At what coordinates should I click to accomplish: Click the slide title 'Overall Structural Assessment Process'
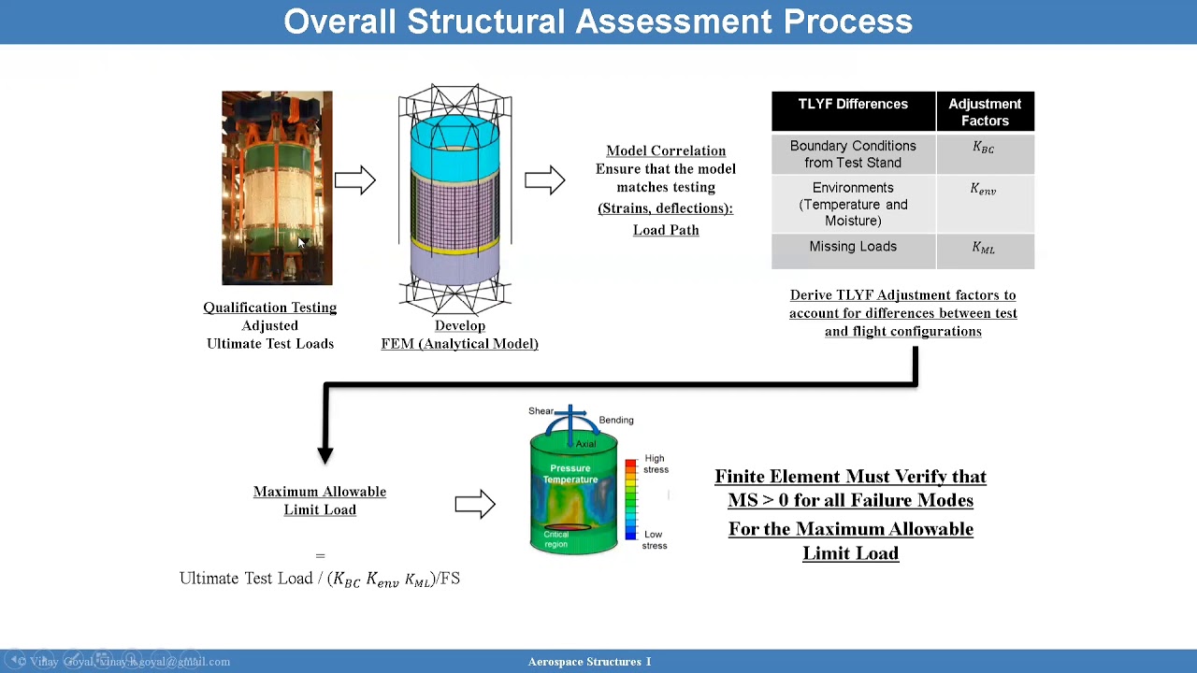tap(598, 21)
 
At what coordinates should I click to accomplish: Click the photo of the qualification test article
tap(277, 187)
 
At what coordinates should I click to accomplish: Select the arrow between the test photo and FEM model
tap(354, 180)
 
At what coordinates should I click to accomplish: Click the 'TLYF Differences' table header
tap(853, 105)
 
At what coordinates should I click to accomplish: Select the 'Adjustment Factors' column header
tap(985, 111)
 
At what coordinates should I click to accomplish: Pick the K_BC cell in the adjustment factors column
tap(984, 148)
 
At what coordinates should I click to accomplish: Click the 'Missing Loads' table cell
tap(853, 247)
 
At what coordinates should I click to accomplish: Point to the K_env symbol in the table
tap(984, 190)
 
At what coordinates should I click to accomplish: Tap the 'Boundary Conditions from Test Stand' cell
tap(853, 154)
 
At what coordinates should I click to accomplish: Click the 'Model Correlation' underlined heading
tap(666, 150)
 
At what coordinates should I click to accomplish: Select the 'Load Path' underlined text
tap(666, 230)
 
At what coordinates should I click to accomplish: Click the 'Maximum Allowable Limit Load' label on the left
tap(320, 500)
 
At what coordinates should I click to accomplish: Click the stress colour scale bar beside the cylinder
tap(631, 499)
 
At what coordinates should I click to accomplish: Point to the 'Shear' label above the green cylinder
tap(541, 411)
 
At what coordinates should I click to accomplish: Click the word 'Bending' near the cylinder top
tap(616, 421)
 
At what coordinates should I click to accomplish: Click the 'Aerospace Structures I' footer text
tap(590, 662)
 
